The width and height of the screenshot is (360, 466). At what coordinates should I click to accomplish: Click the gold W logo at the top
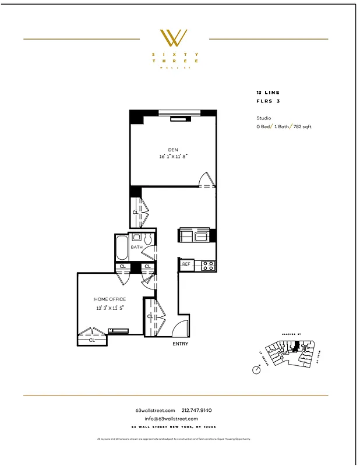[174, 38]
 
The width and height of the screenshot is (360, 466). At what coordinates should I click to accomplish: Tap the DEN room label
[173, 150]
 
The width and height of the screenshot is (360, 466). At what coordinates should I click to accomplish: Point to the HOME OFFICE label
[110, 299]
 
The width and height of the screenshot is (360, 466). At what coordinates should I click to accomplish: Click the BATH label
[136, 247]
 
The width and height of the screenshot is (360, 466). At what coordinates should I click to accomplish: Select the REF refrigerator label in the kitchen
[186, 264]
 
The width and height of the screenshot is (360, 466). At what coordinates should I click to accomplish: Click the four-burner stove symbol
[209, 265]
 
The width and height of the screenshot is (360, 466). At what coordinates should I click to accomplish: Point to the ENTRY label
[181, 344]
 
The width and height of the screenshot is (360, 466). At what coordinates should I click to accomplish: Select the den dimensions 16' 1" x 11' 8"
[173, 157]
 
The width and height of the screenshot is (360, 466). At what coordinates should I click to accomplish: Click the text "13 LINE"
[268, 93]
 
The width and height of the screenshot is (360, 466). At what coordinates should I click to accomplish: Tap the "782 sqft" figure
[302, 126]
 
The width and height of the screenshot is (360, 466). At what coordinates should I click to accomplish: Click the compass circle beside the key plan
[256, 370]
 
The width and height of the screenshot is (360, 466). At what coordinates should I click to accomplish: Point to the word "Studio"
[263, 118]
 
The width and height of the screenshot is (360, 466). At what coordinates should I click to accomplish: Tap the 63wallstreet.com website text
[155, 411]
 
